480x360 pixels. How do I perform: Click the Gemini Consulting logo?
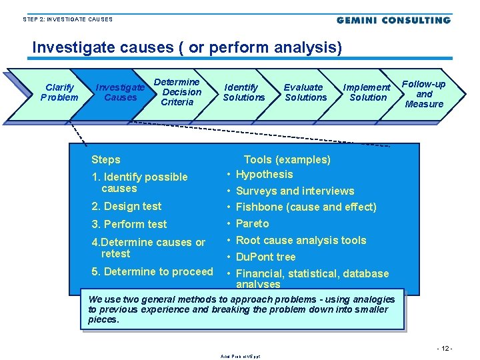coord(393,20)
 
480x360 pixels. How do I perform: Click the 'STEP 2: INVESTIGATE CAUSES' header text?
coord(67,19)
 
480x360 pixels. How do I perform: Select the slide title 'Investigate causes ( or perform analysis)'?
coord(187,48)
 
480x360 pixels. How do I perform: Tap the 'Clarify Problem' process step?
coord(59,92)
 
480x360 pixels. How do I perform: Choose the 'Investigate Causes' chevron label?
coord(120,92)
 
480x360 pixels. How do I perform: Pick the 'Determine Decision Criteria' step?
coord(178,92)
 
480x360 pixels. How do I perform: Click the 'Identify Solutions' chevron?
coord(243,92)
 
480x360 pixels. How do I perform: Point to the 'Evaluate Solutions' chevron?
coord(305,92)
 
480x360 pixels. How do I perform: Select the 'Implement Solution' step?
coord(367,92)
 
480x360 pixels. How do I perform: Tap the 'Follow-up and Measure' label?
coord(424,94)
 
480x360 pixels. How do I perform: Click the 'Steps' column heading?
coord(106,159)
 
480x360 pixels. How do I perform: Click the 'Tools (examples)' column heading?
coord(287,159)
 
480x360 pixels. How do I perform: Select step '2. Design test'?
coord(127,206)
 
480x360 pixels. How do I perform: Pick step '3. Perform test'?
coord(129,224)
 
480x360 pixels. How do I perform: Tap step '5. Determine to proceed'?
coord(152,271)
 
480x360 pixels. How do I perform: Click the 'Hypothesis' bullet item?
coord(264,175)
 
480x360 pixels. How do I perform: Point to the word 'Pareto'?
coord(253,223)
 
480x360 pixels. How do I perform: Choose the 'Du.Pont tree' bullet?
coord(265,257)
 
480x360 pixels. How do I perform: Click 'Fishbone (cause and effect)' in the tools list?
coord(306,207)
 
